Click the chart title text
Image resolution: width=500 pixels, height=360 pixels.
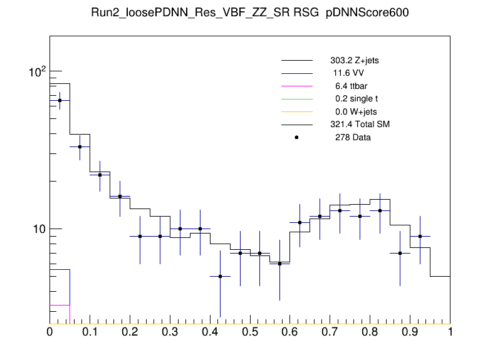pyautogui.click(x=249, y=14)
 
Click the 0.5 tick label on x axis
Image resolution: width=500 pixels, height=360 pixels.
pyautogui.click(x=250, y=332)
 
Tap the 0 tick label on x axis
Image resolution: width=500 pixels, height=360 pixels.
pyautogui.click(x=49, y=332)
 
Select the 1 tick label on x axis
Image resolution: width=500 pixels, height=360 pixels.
pyautogui.click(x=450, y=332)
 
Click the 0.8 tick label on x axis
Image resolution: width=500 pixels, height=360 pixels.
pyautogui.click(x=370, y=332)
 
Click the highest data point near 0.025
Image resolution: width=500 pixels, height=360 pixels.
pyautogui.click(x=60, y=100)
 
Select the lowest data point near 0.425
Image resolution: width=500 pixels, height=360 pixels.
pyautogui.click(x=220, y=276)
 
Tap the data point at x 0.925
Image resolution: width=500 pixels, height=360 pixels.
pyautogui.click(x=420, y=236)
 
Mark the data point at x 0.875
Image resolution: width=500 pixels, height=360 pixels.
pyautogui.click(x=400, y=253)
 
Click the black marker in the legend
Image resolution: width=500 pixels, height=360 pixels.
pyautogui.click(x=296, y=137)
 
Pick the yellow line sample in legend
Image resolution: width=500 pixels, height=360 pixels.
pyautogui.click(x=296, y=112)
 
